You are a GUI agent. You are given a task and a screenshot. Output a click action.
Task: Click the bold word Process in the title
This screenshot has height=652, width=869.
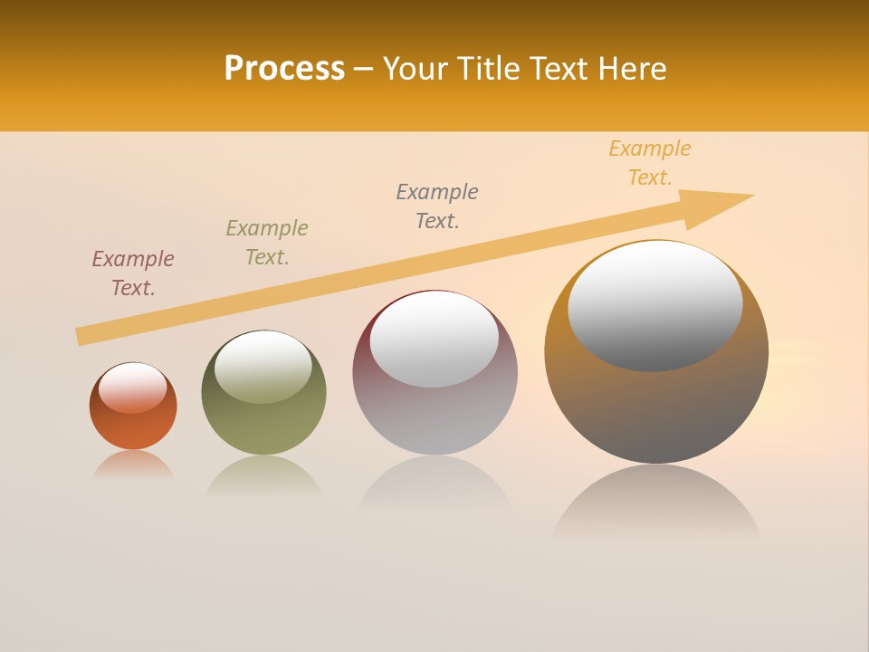(284, 69)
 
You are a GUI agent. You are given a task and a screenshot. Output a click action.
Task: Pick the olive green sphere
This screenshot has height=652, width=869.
(263, 426)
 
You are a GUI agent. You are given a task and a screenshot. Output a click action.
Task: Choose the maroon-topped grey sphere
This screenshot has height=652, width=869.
(434, 417)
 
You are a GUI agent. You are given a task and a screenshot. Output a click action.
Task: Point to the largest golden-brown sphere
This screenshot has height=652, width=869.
(656, 407)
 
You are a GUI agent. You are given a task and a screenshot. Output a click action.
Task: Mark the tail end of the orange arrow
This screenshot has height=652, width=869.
(80, 337)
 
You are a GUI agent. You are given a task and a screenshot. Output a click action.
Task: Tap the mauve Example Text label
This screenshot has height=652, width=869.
(133, 273)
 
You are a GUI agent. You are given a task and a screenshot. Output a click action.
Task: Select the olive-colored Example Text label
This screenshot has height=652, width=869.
(267, 243)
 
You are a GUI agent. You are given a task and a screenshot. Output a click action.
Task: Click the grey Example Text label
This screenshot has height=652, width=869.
(437, 206)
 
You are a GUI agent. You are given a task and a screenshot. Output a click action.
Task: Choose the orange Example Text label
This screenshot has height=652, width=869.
(650, 163)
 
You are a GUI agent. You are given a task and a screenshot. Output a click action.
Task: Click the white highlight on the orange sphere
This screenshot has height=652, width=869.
(133, 387)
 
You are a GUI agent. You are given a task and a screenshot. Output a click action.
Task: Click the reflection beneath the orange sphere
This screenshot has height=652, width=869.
(133, 465)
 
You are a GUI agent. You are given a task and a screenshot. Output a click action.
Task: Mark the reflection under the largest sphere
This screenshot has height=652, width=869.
(656, 503)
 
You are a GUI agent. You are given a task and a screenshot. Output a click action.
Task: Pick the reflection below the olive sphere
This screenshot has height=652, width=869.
(263, 476)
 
